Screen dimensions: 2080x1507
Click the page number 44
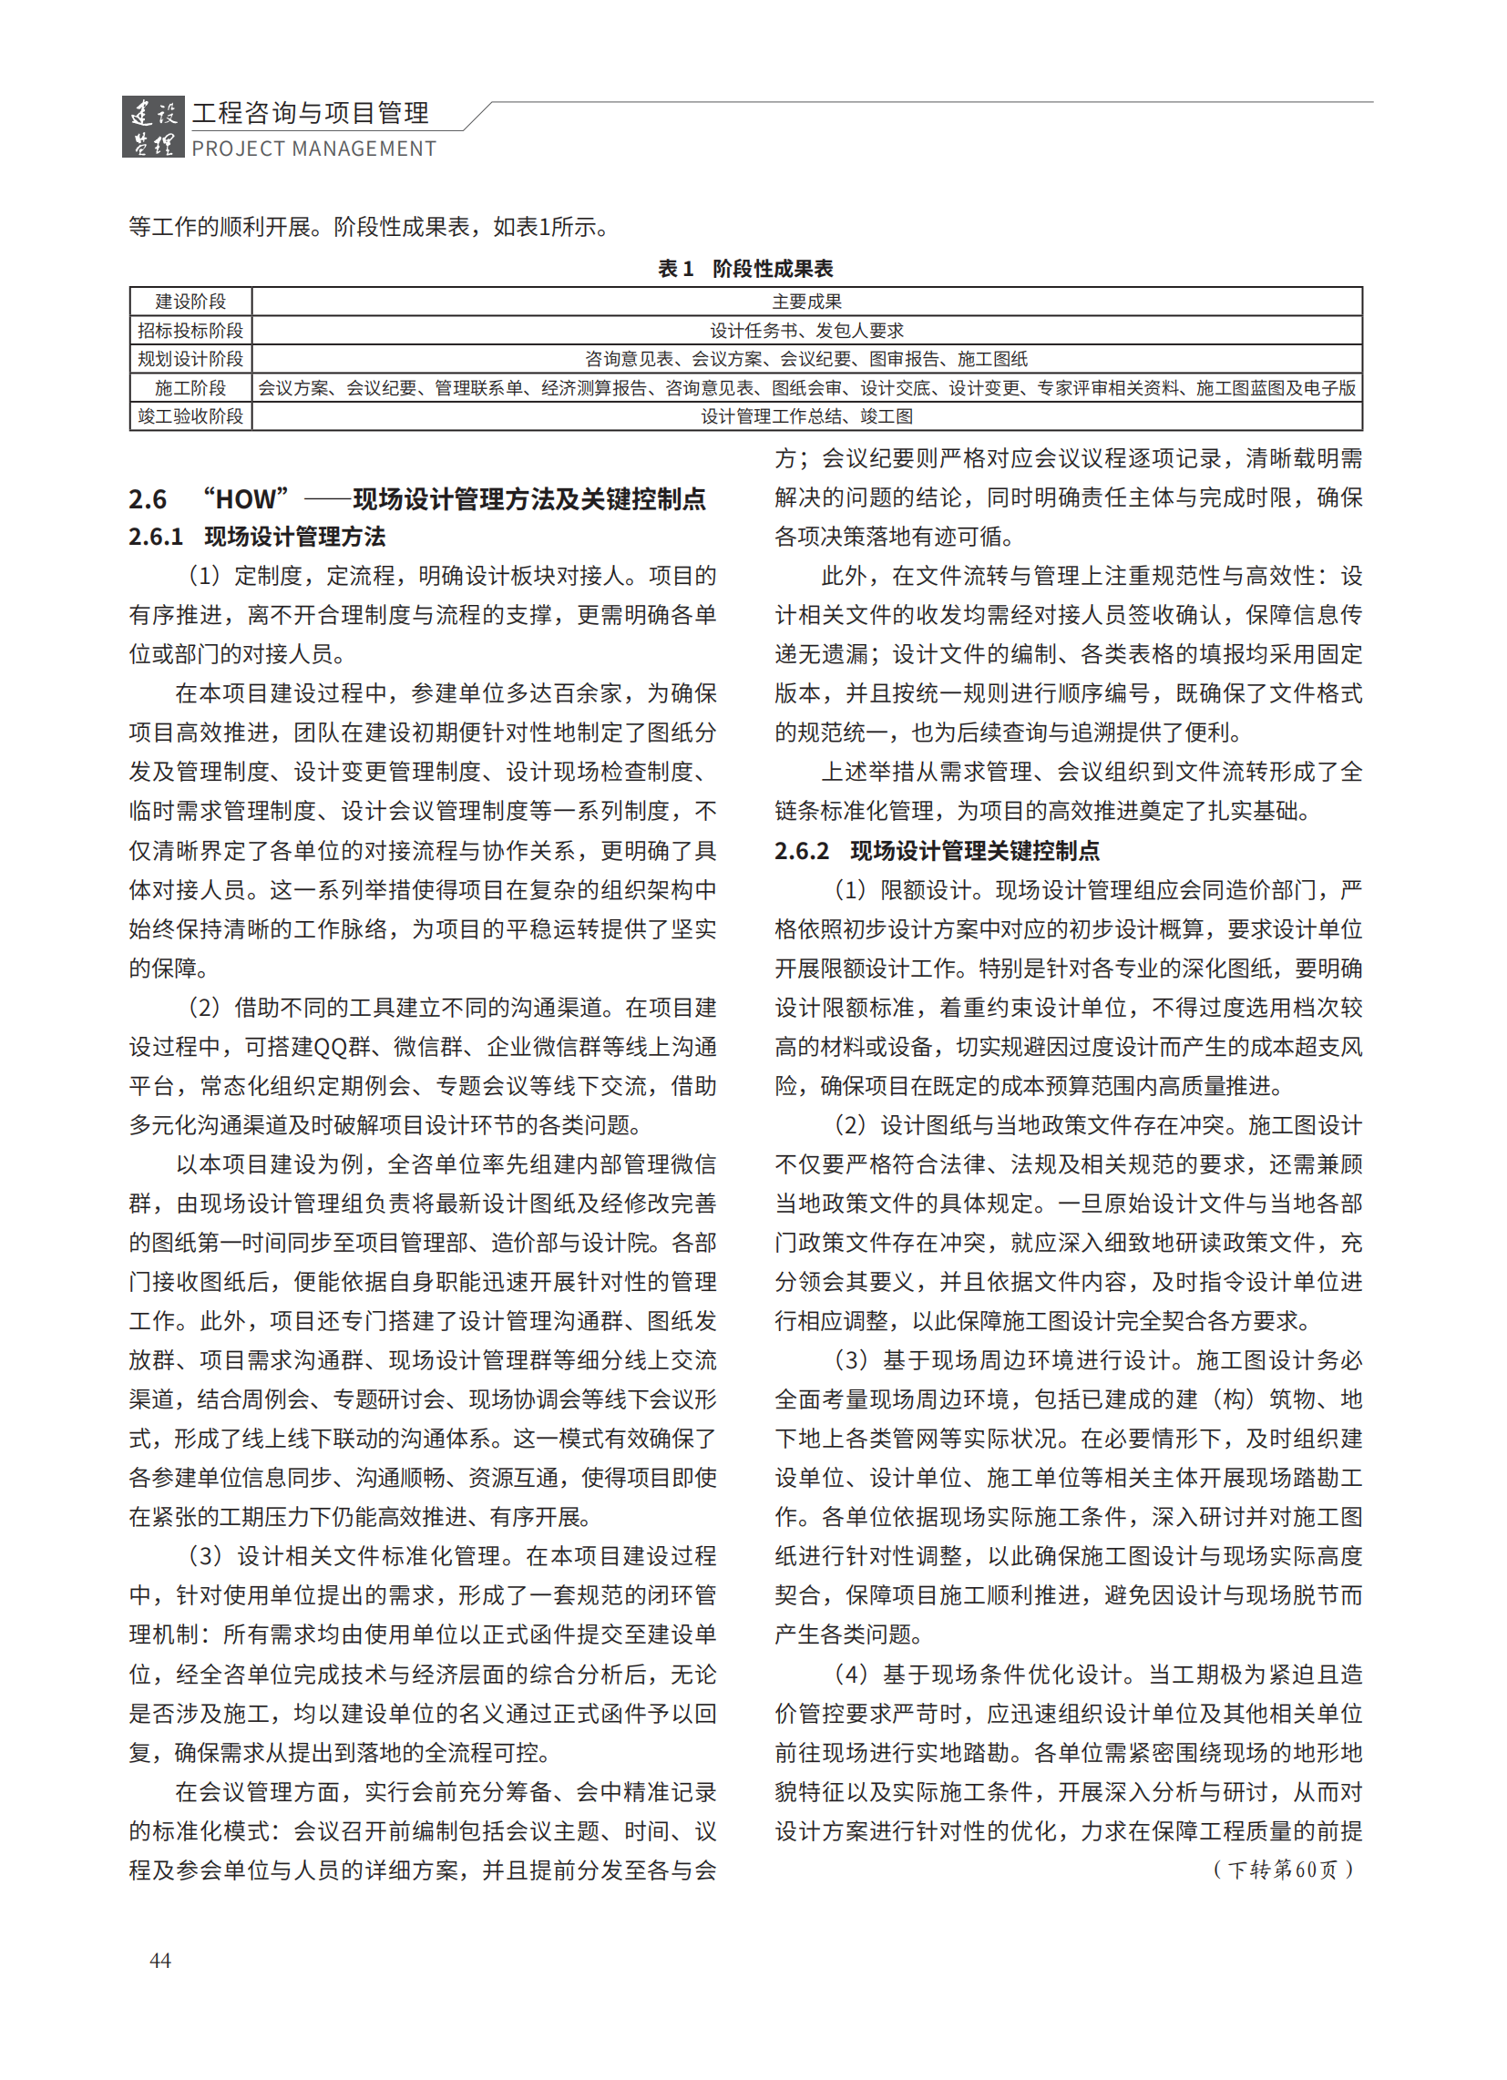coord(159,1960)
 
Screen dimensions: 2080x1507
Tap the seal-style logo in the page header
coord(153,128)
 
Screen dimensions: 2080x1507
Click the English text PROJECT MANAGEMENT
coord(313,149)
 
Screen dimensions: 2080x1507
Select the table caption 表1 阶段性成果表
coord(744,269)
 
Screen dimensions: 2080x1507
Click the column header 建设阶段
coord(190,302)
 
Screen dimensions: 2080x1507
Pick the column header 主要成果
coord(806,302)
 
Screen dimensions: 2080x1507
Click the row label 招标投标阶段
coord(190,330)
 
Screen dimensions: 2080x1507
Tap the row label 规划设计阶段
coord(190,359)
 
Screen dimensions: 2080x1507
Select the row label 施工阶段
coord(190,388)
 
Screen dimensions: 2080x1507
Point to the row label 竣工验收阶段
coord(190,416)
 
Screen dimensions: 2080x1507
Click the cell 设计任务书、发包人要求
coord(806,330)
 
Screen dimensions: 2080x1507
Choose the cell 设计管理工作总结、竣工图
coord(806,416)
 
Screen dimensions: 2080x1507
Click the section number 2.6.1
coord(156,537)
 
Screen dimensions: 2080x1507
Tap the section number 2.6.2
coord(802,851)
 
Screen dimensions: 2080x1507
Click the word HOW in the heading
coord(245,499)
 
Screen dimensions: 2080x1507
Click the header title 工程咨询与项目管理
coord(310,113)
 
